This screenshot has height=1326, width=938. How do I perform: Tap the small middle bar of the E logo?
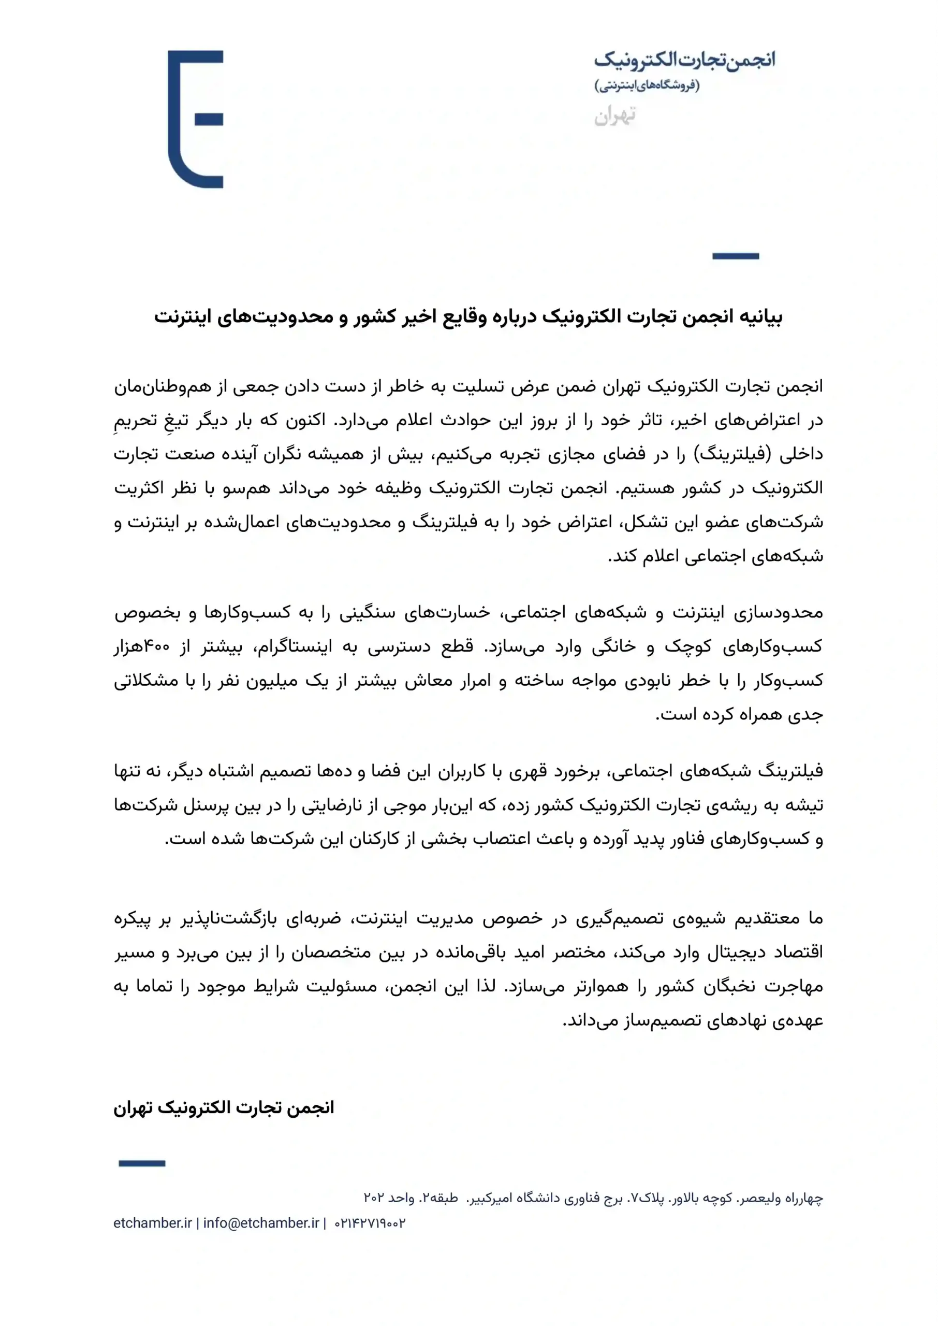coord(209,120)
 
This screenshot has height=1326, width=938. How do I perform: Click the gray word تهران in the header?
coord(615,116)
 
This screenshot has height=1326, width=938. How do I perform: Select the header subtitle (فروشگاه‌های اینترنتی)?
coord(647,85)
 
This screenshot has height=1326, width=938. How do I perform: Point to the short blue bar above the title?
coord(735,256)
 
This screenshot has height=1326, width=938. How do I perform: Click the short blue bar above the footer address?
coord(142,1163)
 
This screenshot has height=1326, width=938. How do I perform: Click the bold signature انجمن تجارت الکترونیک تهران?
coord(224,1107)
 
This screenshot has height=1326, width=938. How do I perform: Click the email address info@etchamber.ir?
coord(261,1223)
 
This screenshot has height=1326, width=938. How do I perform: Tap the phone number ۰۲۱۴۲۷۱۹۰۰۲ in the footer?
coord(370,1223)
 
